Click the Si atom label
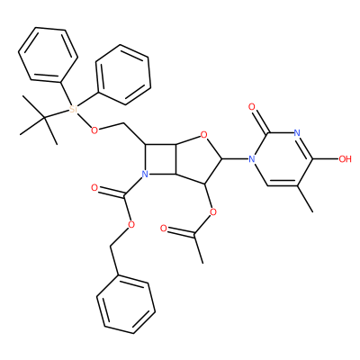[x=73, y=110]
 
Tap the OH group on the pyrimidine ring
[x=345, y=158]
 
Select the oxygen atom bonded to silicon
[x=94, y=130]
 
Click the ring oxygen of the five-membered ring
[x=204, y=135]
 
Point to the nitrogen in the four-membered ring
[x=145, y=174]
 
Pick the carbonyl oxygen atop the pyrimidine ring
[x=252, y=106]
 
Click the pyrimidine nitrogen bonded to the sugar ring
[x=252, y=158]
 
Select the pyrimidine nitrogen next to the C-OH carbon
[x=297, y=132]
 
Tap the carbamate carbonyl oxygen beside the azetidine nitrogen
[x=94, y=188]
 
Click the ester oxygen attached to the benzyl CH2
[x=131, y=224]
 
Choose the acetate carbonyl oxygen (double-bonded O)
[x=164, y=229]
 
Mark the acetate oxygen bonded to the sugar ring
[x=212, y=212]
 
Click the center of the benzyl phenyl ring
[x=126, y=307]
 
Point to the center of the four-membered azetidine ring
[x=160, y=159]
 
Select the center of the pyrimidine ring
[x=282, y=158]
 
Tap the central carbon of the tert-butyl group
[x=45, y=118]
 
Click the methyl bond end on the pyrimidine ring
[x=312, y=211]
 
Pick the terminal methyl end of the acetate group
[x=202, y=263]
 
